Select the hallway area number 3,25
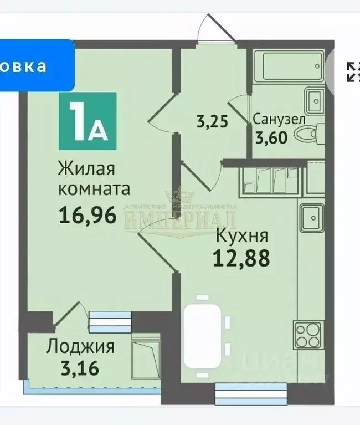point(212,121)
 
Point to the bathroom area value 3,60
point(271,136)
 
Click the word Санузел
point(279,119)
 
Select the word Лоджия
point(80,347)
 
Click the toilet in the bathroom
point(306,134)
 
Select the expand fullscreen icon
point(353,71)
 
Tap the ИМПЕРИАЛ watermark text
point(180,218)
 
